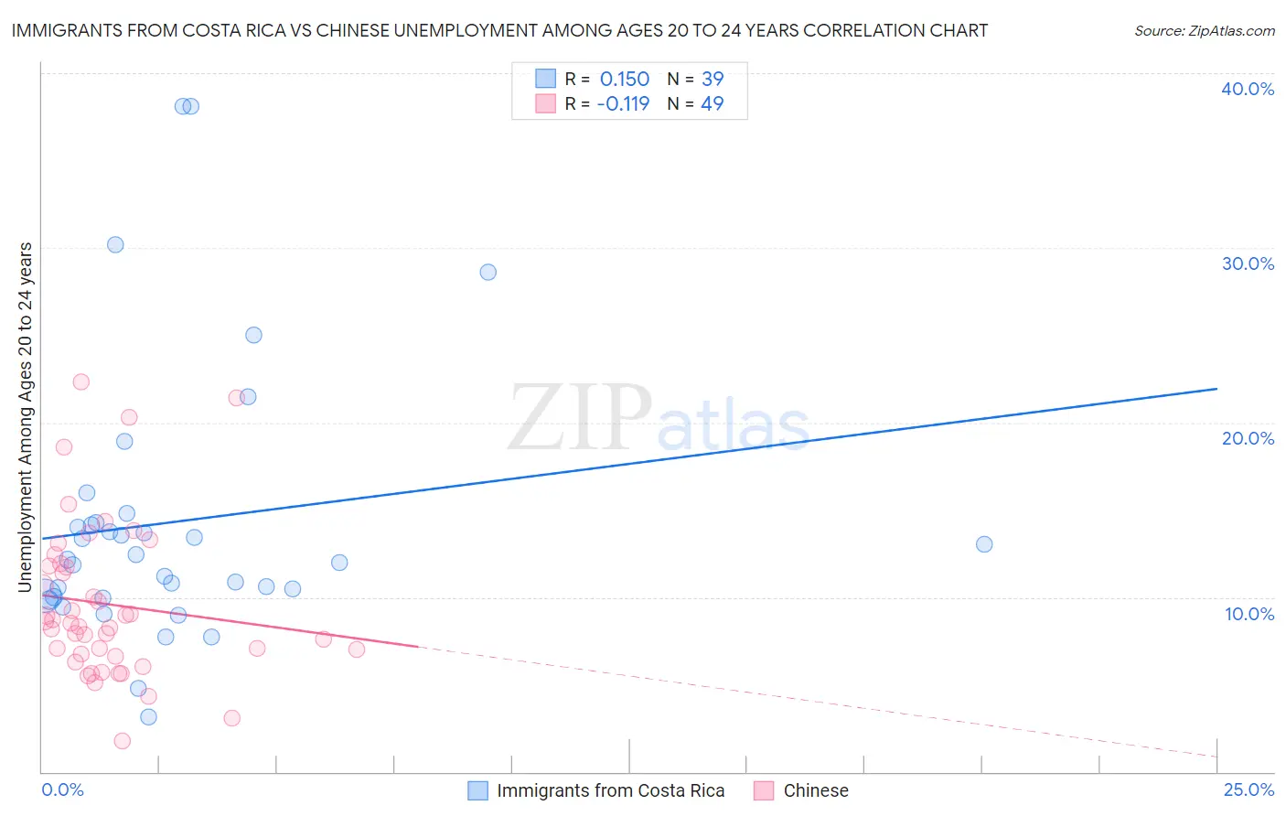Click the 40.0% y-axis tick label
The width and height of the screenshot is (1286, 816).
click(x=1248, y=89)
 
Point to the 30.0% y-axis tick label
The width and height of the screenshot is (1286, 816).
click(x=1248, y=263)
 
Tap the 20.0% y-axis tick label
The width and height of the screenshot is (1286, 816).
click(x=1248, y=438)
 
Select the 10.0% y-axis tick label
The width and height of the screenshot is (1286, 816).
click(x=1248, y=614)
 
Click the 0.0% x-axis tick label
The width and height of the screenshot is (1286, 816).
click(x=62, y=789)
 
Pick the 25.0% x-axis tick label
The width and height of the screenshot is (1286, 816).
click(x=1248, y=789)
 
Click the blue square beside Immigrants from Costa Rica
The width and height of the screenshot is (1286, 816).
click(x=477, y=790)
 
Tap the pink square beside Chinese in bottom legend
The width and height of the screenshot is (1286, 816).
click(x=764, y=790)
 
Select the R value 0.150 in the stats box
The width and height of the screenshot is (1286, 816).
click(x=624, y=80)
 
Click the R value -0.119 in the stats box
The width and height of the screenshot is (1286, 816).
click(x=622, y=103)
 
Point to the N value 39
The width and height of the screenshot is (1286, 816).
click(x=713, y=80)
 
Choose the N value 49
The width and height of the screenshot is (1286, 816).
click(x=713, y=103)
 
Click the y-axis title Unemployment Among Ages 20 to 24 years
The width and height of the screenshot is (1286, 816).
click(x=26, y=416)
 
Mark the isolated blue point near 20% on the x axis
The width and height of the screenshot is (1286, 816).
click(x=984, y=544)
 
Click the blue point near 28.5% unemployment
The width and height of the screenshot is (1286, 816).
click(x=488, y=272)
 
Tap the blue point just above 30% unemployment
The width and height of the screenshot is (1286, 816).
click(x=115, y=244)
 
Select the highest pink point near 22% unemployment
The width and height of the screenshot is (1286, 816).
click(x=81, y=381)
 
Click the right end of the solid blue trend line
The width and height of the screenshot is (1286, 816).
click(x=1216, y=389)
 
